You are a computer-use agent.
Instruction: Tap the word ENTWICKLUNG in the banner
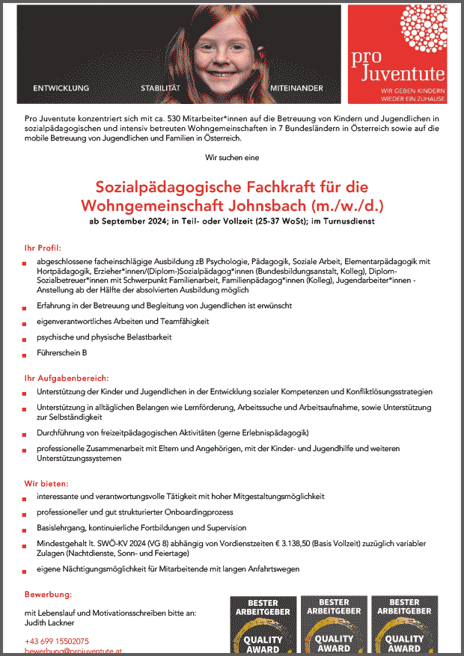point(61,88)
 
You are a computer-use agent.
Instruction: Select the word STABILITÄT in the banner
point(161,88)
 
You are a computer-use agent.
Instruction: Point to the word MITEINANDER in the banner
point(297,88)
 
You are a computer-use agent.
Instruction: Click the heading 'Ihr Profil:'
point(43,248)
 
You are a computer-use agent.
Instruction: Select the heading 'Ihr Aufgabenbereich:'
point(67,378)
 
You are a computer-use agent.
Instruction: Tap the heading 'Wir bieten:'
point(46,483)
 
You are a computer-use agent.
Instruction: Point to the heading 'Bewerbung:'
point(47,595)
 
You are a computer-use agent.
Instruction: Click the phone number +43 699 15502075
point(57,641)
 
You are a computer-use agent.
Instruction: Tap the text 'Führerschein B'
point(62,352)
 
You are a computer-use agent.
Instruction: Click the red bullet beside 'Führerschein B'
point(26,354)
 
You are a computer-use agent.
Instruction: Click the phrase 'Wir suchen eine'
point(232,157)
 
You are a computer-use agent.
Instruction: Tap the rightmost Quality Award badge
point(405,625)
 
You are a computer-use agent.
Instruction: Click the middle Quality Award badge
point(334,625)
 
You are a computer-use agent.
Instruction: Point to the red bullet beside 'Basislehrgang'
point(26,529)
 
